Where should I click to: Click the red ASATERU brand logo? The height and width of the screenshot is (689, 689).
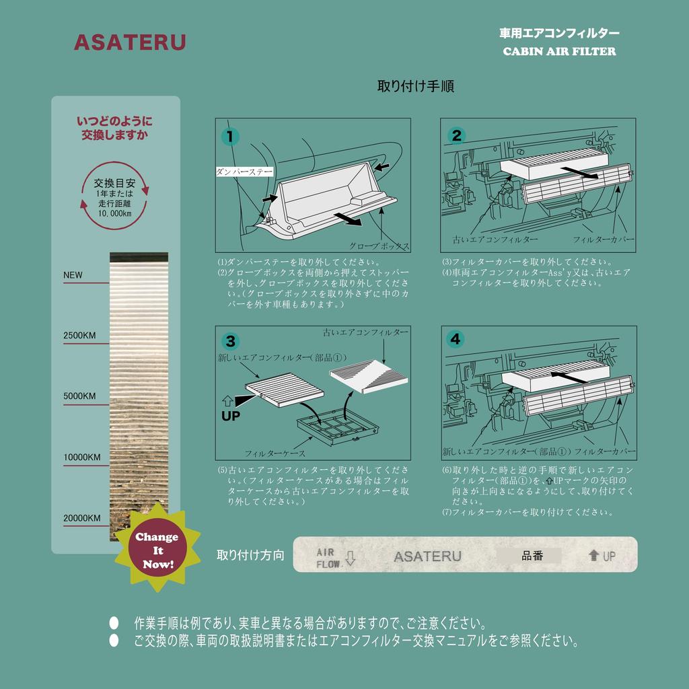tap(129, 43)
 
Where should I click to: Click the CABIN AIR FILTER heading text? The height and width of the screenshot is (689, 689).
tap(559, 52)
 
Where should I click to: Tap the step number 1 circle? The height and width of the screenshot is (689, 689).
tap(230, 137)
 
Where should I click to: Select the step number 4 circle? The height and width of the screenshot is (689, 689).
tap(456, 339)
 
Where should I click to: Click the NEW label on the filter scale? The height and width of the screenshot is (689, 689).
tap(73, 275)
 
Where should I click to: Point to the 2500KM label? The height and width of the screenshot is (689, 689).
tap(79, 335)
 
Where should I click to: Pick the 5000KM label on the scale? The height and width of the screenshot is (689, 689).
tap(79, 396)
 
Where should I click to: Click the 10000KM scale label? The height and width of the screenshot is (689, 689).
tap(82, 458)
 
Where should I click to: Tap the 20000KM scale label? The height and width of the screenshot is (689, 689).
tap(82, 518)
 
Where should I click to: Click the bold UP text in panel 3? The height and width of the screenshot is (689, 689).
tap(231, 416)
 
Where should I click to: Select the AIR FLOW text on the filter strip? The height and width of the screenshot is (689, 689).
tap(329, 558)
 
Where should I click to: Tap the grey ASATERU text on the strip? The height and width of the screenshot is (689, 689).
tap(427, 556)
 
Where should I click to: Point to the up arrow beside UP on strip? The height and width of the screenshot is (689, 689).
tap(593, 556)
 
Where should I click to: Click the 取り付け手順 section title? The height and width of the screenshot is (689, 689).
tap(415, 86)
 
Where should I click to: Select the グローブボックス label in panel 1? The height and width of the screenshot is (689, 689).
tap(379, 246)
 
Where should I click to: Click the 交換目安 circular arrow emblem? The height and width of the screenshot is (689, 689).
tap(114, 196)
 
